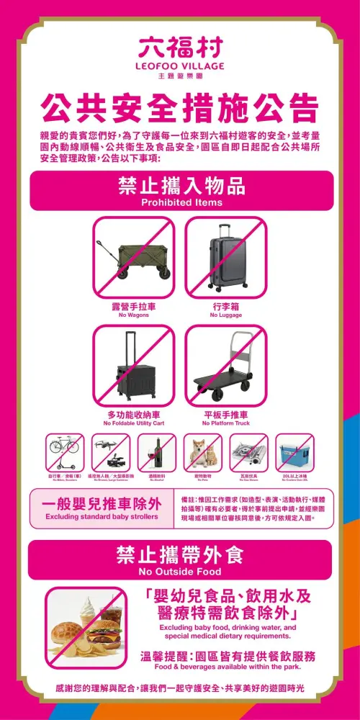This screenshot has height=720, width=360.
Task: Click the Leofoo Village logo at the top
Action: (x=180, y=55)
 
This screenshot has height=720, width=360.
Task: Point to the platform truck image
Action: (x=225, y=367)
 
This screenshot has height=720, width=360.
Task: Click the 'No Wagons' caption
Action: (x=133, y=315)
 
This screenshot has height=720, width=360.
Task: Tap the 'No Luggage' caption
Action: (x=225, y=315)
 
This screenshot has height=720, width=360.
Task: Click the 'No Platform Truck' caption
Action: (x=225, y=423)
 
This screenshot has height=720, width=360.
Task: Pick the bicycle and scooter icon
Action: (x=65, y=453)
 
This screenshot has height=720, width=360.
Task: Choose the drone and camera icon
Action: (x=110, y=453)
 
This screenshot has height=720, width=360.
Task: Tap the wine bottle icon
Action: (x=156, y=453)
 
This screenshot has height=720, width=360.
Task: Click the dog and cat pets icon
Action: (x=202, y=453)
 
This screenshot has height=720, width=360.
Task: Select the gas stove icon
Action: (x=248, y=453)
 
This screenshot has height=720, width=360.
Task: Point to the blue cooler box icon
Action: (x=294, y=453)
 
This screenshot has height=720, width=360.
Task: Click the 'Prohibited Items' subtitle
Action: (x=180, y=203)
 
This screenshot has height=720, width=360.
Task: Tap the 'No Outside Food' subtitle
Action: (x=180, y=572)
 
